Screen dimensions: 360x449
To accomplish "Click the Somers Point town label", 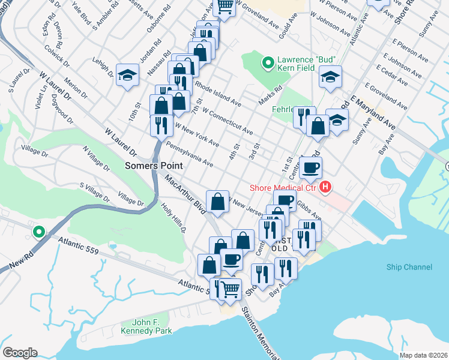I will click(152, 165).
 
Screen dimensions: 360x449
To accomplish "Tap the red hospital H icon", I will click(325, 188).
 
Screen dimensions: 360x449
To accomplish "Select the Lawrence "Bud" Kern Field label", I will click(305, 64).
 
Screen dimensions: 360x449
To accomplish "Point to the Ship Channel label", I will click(410, 267).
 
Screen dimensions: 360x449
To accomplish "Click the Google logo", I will click(20, 352).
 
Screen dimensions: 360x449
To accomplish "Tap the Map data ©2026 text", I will click(424, 355).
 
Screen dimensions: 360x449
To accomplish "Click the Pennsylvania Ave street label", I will click(190, 154).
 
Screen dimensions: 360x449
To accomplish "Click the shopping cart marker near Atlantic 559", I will click(230, 289).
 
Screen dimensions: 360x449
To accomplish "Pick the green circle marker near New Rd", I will click(39, 231).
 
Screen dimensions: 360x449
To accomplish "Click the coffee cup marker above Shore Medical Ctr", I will click(310, 167).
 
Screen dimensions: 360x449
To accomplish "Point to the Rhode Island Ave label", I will click(217, 95).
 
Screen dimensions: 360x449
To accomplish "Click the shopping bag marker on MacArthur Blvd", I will click(217, 201).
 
